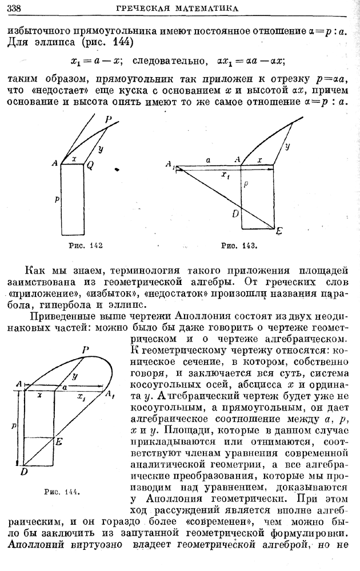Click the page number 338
point(12,7)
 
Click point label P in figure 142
point(108,119)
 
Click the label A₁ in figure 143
point(170,165)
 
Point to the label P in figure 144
point(85,349)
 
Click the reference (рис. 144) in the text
point(112,43)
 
